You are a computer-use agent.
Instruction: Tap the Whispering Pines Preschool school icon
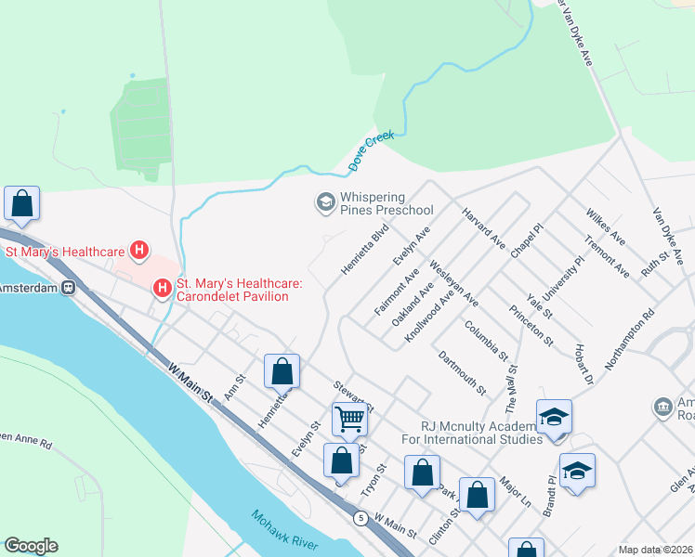point(325,201)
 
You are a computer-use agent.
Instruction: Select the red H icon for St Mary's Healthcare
point(139,251)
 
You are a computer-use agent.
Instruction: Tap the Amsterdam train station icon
point(69,288)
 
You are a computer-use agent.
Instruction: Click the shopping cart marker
point(349,418)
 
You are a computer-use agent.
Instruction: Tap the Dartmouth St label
point(462,372)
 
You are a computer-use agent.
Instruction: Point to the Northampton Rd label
point(634,341)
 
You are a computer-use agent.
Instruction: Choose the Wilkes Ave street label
point(606,227)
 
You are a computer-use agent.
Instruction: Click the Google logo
point(31,546)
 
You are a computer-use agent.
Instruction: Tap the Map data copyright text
point(656,550)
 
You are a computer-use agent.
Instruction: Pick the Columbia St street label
point(486,341)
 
